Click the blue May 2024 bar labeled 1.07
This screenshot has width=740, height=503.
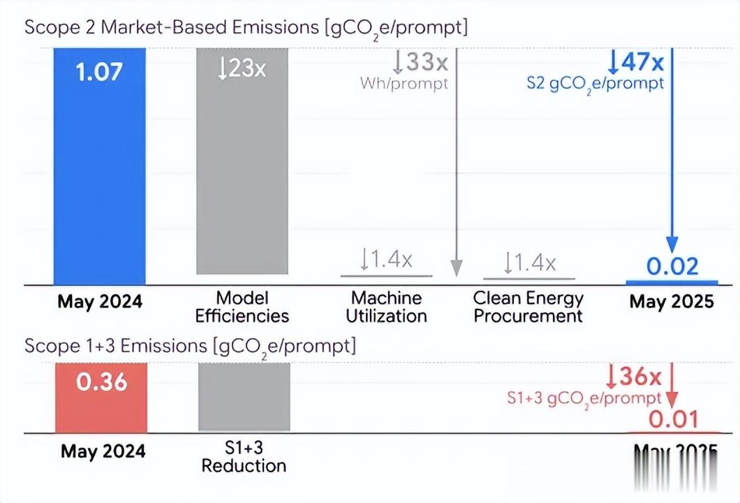click(x=100, y=168)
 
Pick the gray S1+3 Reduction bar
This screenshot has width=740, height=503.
click(x=244, y=397)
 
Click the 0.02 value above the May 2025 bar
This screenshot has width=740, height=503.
click(x=672, y=266)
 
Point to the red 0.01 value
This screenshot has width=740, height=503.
click(x=674, y=419)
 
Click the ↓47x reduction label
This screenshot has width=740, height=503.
click(x=635, y=62)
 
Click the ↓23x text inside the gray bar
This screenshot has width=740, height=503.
click(x=242, y=68)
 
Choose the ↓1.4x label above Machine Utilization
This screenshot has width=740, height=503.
click(x=386, y=261)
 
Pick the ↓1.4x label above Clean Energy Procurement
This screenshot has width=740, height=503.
click(x=530, y=263)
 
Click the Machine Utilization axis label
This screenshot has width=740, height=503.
click(x=386, y=307)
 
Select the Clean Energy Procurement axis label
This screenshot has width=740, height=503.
click(x=528, y=307)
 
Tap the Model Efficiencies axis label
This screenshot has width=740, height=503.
click(x=242, y=307)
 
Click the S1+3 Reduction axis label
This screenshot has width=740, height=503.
click(x=244, y=456)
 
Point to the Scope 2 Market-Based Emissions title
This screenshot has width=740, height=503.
click(x=246, y=29)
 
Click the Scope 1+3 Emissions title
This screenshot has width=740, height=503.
click(x=190, y=346)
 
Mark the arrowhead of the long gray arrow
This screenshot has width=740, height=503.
click(x=456, y=268)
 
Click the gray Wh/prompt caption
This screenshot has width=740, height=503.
click(x=404, y=83)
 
